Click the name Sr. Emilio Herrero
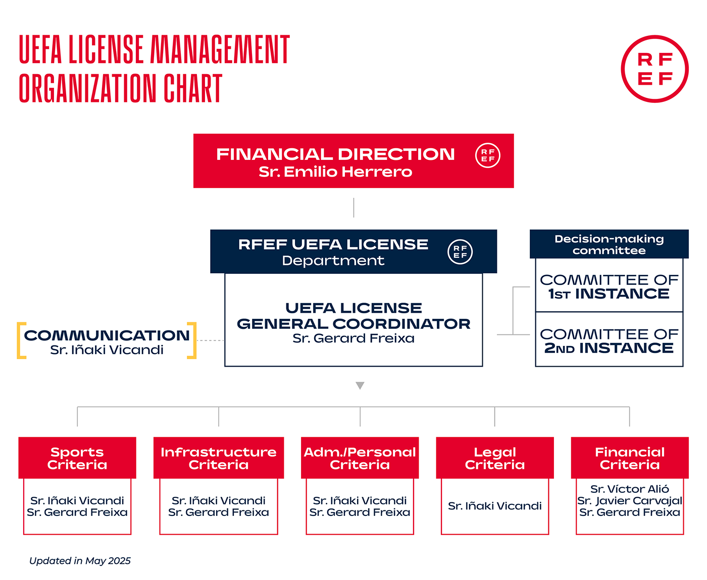coord(335,172)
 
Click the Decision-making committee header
coord(609,244)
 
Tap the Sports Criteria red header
coord(77,458)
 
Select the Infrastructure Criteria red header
coord(219,458)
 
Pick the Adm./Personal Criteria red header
coord(360,458)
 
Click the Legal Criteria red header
coord(495,458)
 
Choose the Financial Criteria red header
coord(630,458)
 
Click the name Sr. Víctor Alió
coord(630,489)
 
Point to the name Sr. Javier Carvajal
coord(630,501)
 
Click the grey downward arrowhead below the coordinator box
coord(360,385)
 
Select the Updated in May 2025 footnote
coord(80,560)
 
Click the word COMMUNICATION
coord(107,335)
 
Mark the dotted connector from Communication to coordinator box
coord(210,340)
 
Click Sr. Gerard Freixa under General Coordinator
coord(353,338)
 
